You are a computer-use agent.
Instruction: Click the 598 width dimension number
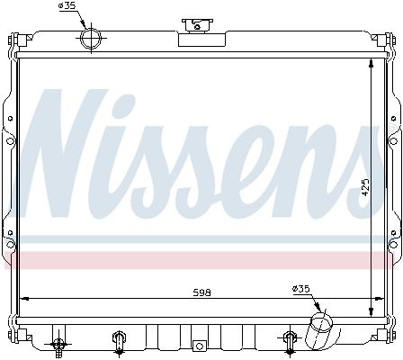[x=201, y=292]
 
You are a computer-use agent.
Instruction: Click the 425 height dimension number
[x=365, y=187]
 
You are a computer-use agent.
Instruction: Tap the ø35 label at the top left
[x=67, y=5]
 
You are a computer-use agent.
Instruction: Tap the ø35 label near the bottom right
[x=300, y=289]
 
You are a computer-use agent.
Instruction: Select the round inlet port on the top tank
[x=90, y=39]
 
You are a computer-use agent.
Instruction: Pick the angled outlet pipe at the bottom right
[x=318, y=330]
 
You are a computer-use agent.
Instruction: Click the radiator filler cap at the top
[x=197, y=26]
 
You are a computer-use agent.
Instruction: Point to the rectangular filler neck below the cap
[x=201, y=40]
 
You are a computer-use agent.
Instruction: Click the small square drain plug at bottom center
[x=200, y=346]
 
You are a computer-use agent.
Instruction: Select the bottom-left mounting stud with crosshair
[x=58, y=344]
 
